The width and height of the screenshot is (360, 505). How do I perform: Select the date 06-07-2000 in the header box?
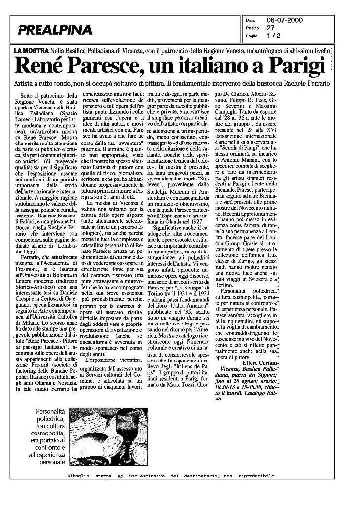[x=285, y=20]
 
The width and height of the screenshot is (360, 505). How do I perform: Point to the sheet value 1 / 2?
[x=273, y=36]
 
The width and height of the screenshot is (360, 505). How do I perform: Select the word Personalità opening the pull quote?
[x=49, y=411]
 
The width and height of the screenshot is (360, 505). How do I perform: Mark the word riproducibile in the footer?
[x=256, y=476]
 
